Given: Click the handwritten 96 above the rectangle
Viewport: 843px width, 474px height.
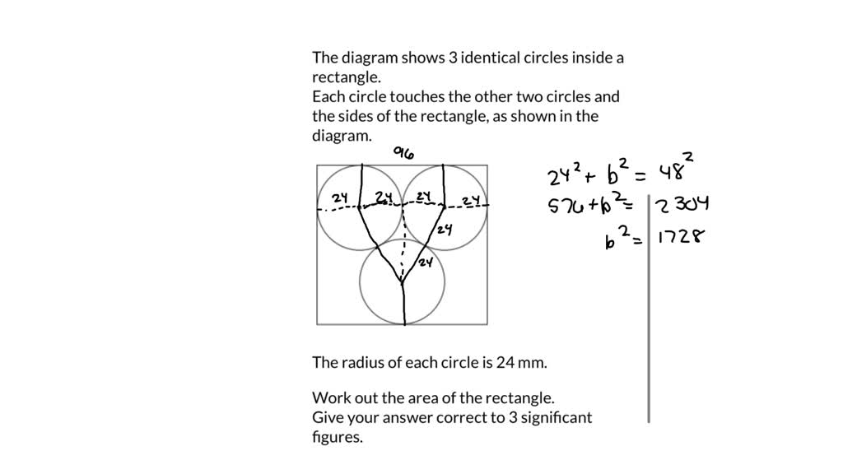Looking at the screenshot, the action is (x=403, y=153).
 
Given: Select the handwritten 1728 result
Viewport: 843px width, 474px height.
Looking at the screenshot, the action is (x=681, y=236).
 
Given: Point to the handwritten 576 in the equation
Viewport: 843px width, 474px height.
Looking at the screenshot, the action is (x=566, y=205).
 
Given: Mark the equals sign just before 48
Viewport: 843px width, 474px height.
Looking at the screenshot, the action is (x=640, y=175).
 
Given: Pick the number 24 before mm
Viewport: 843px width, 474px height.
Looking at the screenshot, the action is (x=505, y=363).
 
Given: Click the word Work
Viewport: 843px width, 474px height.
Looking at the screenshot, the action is (x=329, y=398).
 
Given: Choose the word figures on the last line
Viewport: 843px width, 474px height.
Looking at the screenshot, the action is (x=337, y=438).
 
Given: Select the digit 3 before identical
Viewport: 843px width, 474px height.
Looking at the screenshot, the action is (x=453, y=58).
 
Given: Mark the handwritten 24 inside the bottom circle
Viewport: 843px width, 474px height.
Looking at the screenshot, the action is (x=426, y=263).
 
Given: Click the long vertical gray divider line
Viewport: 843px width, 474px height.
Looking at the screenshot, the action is (x=649, y=309).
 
